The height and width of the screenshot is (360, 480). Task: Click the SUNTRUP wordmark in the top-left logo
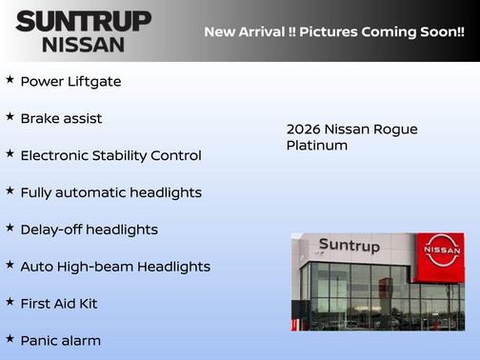coord(83,21)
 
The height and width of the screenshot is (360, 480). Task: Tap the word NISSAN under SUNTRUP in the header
coord(83,44)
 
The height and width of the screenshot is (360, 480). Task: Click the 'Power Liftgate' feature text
coord(70,82)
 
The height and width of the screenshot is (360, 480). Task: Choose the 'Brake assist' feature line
coord(61,119)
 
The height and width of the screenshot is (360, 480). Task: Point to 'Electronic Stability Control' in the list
coord(110,155)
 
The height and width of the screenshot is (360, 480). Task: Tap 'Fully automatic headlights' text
coord(110,192)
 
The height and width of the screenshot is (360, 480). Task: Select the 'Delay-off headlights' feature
coord(89,230)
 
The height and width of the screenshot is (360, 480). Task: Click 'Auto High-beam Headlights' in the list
coord(115,267)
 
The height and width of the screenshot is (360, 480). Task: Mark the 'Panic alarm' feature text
coord(60,340)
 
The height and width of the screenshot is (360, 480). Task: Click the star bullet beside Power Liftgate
coord(10,80)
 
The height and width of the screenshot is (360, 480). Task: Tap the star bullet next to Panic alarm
coord(10,338)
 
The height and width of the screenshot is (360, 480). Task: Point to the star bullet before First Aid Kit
coord(10,302)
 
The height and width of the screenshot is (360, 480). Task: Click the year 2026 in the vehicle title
coord(304,130)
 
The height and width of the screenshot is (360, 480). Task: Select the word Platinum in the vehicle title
coord(317,146)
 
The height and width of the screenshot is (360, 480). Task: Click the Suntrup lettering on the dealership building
coord(349,246)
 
